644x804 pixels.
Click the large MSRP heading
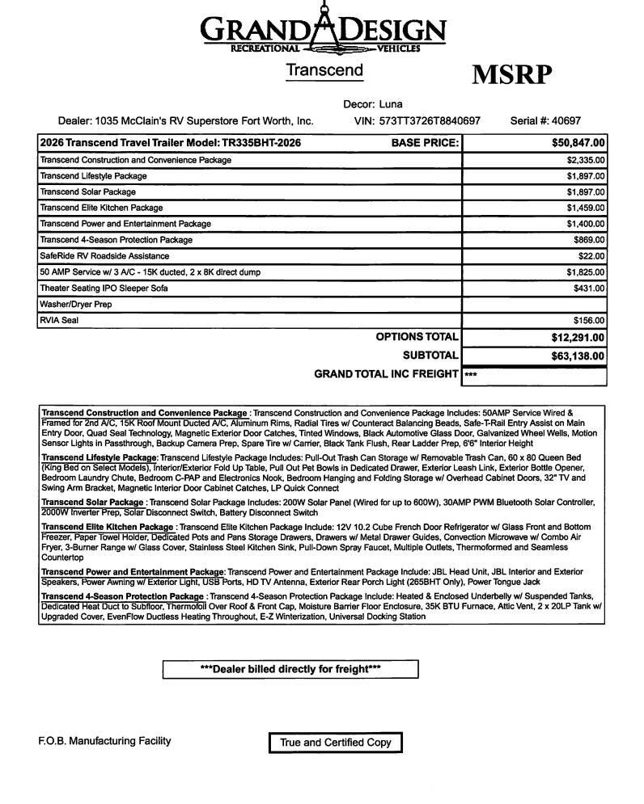tap(511, 74)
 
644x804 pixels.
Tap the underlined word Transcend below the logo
tap(324, 70)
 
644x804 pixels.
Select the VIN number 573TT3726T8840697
tap(430, 121)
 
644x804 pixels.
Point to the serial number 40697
tap(566, 121)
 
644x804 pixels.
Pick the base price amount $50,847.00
tap(573, 143)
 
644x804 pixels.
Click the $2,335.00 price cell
tap(586, 160)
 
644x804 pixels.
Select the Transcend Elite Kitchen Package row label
tap(101, 208)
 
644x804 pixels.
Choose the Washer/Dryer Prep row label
tap(76, 305)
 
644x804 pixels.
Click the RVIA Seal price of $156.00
tap(589, 320)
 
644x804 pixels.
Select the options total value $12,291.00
tap(572, 338)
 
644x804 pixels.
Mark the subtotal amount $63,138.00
tap(572, 356)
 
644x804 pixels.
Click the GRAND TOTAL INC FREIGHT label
tap(386, 374)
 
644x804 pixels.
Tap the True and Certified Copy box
tap(335, 743)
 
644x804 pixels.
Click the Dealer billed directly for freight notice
tap(290, 669)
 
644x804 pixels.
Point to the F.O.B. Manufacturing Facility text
tap(104, 741)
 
